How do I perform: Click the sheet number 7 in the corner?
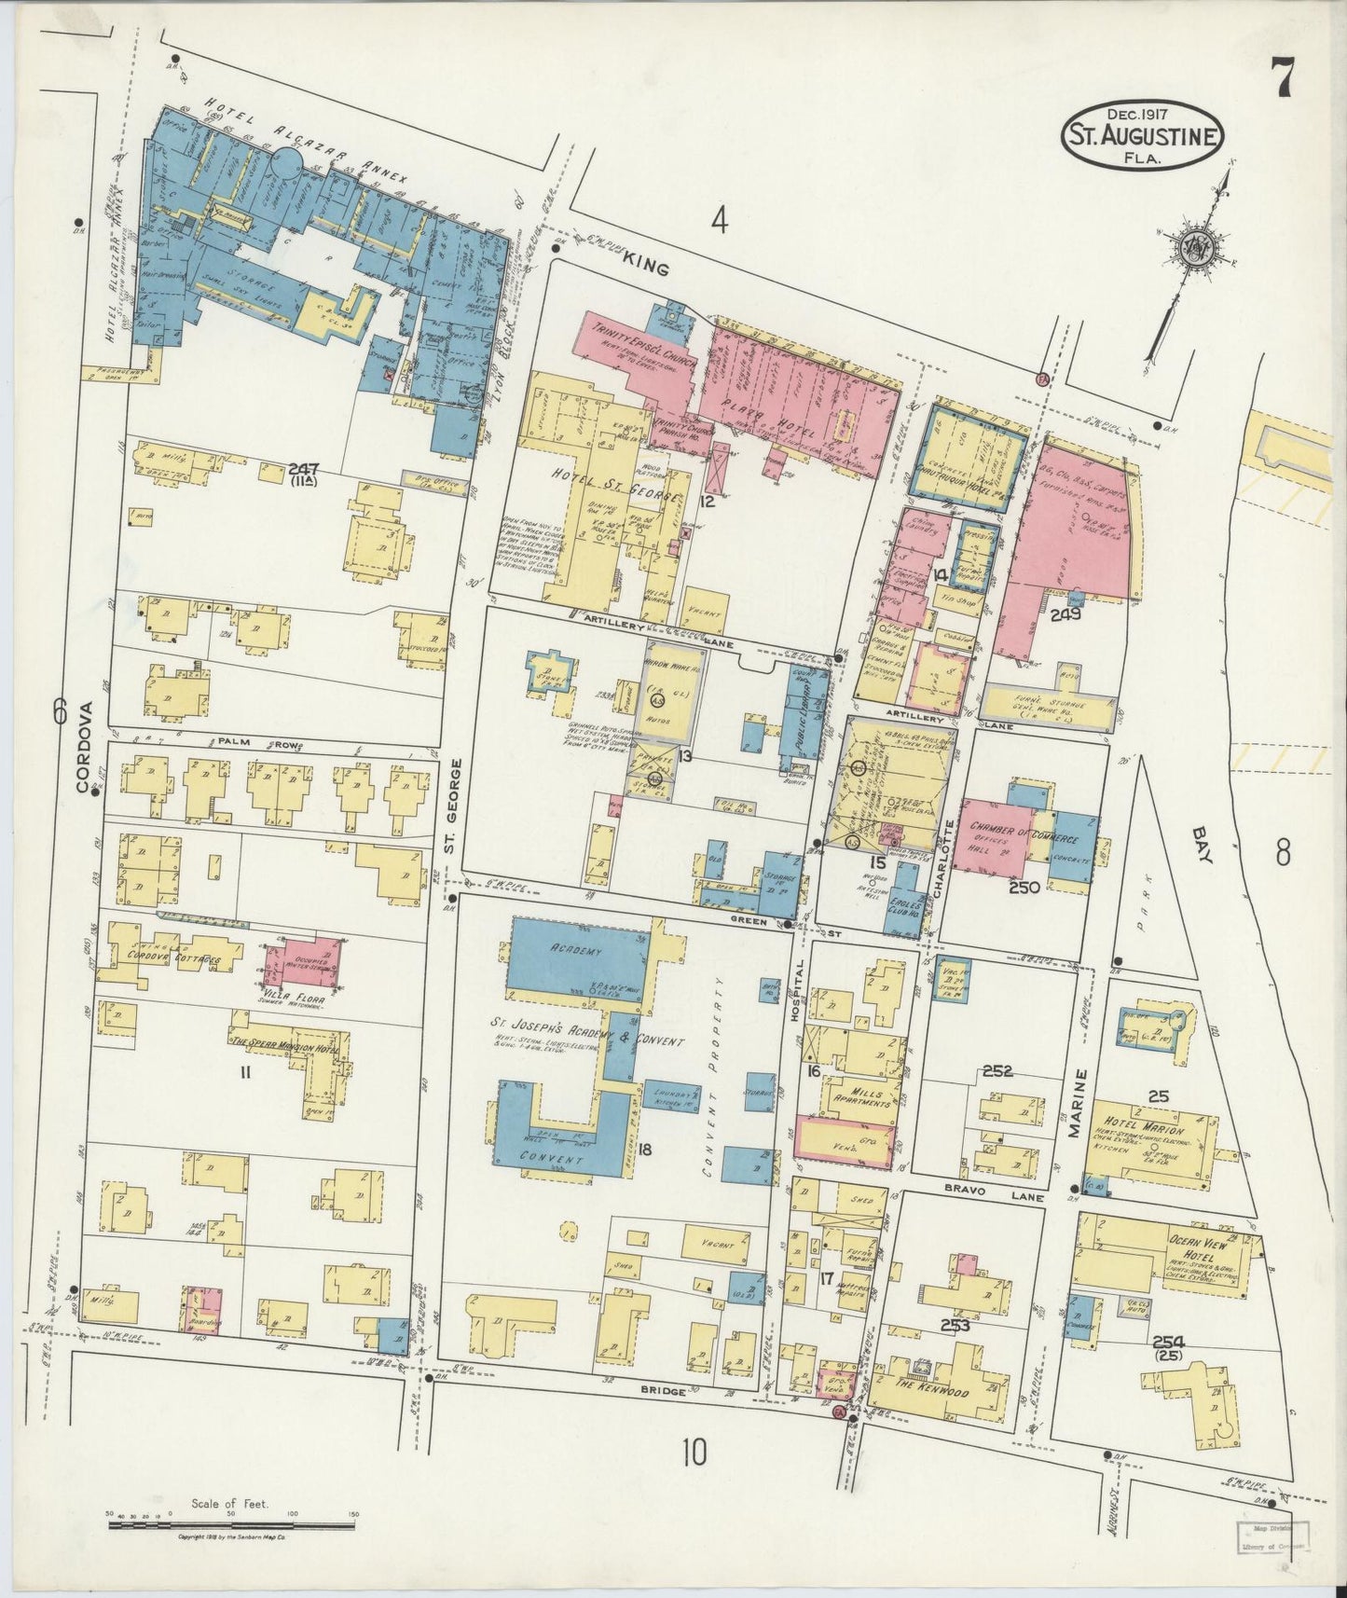[x=1284, y=76]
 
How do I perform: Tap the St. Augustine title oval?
[x=1142, y=136]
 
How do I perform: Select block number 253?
[x=955, y=1325]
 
